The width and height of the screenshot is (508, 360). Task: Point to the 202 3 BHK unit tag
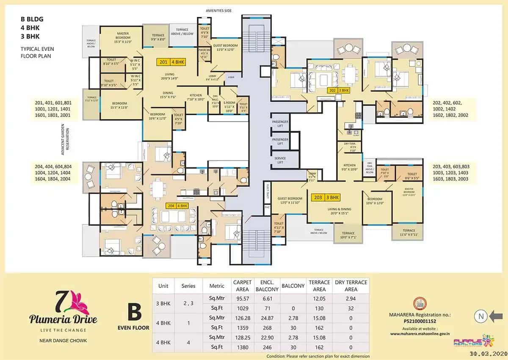tap(339, 90)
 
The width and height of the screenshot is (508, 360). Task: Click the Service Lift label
tap(280, 161)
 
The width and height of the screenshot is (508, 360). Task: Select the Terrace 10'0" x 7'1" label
tap(348, 235)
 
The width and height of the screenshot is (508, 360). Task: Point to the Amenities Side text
tap(218, 11)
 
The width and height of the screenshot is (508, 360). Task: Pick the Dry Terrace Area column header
tap(351, 286)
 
